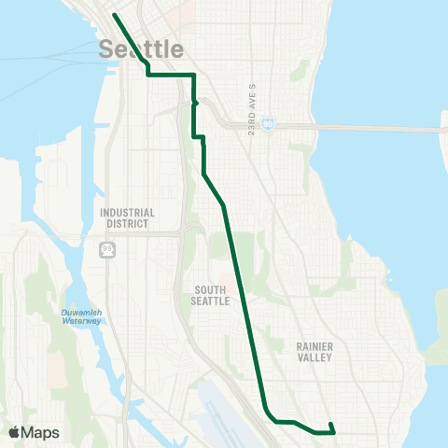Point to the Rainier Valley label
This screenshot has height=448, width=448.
tap(316, 351)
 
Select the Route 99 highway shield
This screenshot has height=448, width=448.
tap(109, 250)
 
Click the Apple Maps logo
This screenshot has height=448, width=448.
tap(34, 432)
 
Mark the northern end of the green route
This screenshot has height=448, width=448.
tap(114, 15)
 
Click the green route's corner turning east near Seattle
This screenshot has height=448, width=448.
tap(148, 75)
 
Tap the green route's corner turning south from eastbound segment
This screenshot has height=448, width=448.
tap(193, 75)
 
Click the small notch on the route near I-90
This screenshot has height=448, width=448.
tap(195, 104)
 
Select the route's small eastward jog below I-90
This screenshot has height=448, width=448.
tap(199, 137)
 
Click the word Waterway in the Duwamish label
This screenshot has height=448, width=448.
tap(77, 320)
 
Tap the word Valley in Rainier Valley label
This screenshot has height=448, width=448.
tap(316, 357)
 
